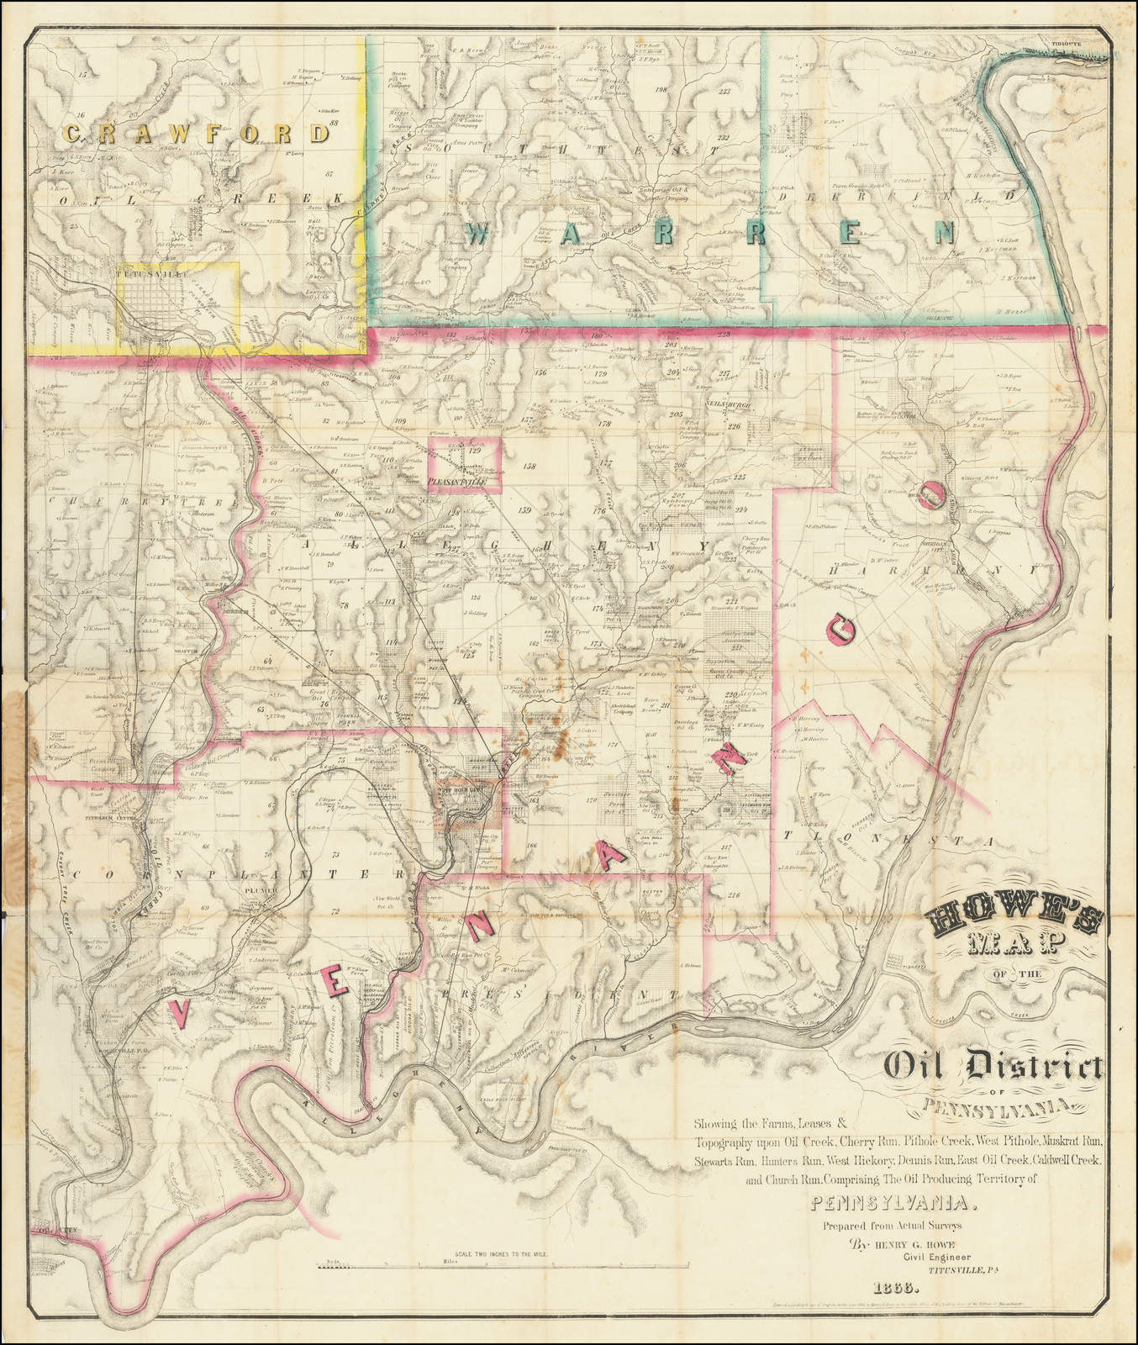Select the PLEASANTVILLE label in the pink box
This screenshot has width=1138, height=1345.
coord(458,483)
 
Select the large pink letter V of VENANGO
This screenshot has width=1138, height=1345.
coord(179,1011)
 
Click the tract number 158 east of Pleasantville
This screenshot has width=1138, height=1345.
coord(529,466)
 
